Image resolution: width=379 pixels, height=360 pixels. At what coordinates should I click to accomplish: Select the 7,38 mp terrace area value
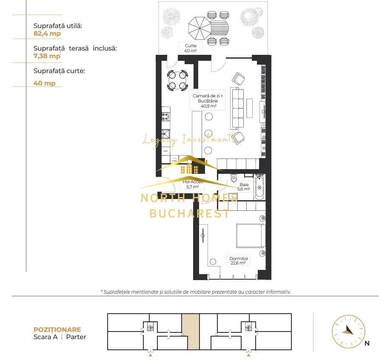pyautogui.click(x=47, y=56)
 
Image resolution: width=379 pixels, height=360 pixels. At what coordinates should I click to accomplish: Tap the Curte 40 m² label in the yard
pyautogui.click(x=191, y=48)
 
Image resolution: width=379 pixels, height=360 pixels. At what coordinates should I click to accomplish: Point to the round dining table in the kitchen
pyautogui.click(x=177, y=80)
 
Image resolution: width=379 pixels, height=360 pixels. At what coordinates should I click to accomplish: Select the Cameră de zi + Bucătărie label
pyautogui.click(x=208, y=101)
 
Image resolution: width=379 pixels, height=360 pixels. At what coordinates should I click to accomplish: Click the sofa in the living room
pyautogui.click(x=237, y=108)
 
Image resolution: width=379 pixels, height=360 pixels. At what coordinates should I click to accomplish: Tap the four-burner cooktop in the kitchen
pyautogui.click(x=165, y=116)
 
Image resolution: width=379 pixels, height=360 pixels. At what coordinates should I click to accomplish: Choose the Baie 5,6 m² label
pyautogui.click(x=244, y=187)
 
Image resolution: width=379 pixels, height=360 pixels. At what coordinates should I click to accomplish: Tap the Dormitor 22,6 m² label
pyautogui.click(x=239, y=261)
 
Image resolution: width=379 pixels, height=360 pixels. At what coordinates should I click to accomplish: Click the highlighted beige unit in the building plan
pyautogui.click(x=190, y=332)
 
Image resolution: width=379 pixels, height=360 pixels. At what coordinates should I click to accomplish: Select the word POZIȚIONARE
pyautogui.click(x=57, y=329)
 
